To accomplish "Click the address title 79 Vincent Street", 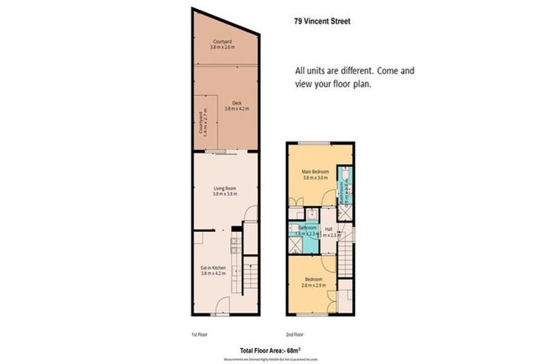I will [322, 21].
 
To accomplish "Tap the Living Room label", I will [225, 191].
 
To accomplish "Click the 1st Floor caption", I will [199, 333].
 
